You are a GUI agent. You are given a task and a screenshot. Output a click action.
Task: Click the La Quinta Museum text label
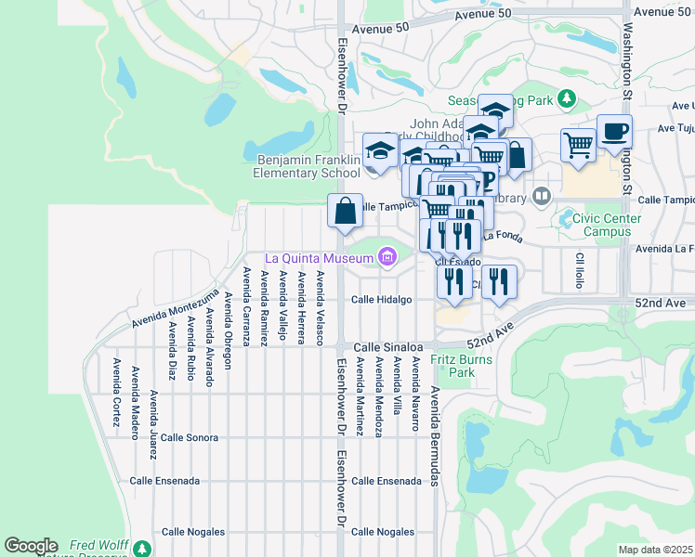320,258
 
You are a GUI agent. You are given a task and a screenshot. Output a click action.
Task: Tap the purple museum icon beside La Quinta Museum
387,257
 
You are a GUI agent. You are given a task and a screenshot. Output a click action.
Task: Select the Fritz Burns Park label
453,365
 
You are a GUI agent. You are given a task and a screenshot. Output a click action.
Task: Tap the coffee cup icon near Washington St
614,132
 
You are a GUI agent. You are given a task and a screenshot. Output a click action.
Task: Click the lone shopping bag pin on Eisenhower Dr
345,211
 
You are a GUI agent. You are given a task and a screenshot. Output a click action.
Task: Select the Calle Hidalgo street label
381,300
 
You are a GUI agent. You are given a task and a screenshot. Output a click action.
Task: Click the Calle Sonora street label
189,437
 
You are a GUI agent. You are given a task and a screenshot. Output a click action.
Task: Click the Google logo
31,546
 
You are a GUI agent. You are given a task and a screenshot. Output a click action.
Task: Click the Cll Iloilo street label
578,270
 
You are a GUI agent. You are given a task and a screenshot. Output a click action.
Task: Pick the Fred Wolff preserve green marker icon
142,548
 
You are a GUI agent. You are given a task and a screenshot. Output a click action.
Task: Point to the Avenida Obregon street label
228,320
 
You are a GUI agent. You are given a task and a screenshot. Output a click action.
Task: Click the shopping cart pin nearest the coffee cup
578,147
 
